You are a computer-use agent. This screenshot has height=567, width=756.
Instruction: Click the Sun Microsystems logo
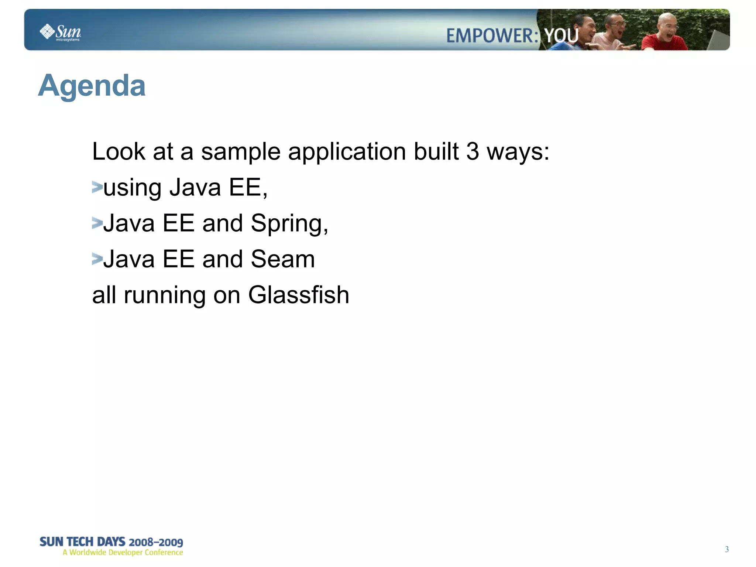tap(60, 32)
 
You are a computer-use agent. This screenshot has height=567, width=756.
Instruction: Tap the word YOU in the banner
tap(561, 36)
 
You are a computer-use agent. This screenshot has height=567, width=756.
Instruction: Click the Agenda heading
tap(92, 85)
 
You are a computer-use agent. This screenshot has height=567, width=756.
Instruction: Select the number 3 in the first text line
tap(472, 151)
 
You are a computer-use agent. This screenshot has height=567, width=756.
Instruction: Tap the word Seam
tap(282, 259)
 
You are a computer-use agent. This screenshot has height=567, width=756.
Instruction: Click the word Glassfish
tap(298, 295)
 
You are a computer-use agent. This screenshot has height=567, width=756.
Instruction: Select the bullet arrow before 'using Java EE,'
tap(97, 187)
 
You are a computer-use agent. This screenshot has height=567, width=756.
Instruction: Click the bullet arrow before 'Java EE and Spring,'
tap(97, 223)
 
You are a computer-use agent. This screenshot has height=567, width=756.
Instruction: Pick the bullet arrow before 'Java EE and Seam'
tap(97, 259)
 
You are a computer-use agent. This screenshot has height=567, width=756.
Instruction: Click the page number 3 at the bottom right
tap(726, 549)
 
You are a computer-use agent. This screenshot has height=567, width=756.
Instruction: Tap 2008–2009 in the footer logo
tap(156, 542)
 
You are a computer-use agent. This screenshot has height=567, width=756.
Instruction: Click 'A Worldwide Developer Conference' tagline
tap(123, 553)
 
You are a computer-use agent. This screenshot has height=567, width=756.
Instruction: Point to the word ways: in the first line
tap(518, 152)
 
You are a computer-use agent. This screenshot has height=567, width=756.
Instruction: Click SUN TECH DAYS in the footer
tap(82, 542)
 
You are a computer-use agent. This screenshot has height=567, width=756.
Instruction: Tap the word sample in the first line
tap(241, 152)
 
